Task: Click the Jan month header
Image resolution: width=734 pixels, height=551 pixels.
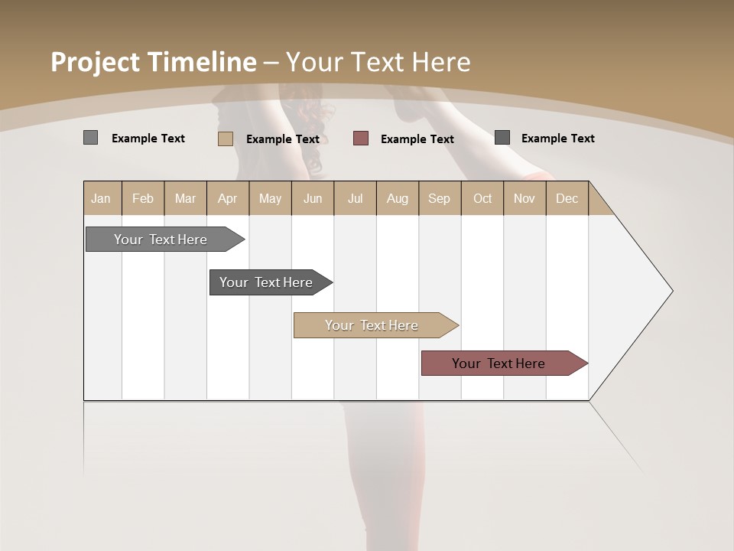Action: (x=101, y=198)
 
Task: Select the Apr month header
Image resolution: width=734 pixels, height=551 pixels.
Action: (x=227, y=198)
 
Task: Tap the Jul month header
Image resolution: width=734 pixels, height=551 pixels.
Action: (x=355, y=198)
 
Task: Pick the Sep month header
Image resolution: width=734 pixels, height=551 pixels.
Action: (x=439, y=198)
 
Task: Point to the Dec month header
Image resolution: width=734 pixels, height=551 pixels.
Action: (x=567, y=198)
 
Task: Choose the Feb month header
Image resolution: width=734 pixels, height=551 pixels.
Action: (x=143, y=198)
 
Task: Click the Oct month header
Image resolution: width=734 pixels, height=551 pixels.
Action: (x=482, y=198)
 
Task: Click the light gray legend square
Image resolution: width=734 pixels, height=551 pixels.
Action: (x=90, y=138)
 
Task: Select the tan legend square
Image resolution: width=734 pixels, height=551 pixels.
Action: (x=225, y=139)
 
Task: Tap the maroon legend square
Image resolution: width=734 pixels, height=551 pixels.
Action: (x=361, y=138)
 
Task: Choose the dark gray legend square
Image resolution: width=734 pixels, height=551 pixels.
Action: (x=502, y=138)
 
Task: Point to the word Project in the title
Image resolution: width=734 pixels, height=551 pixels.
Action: (x=95, y=62)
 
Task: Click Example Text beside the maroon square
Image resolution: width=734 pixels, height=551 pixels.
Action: (x=417, y=139)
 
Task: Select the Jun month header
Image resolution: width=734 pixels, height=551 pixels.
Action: (x=313, y=198)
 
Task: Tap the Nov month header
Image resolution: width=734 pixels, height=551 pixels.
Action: (x=525, y=198)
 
